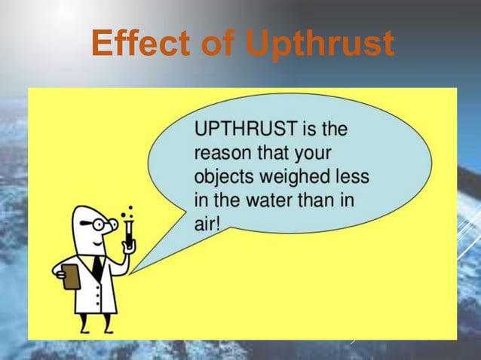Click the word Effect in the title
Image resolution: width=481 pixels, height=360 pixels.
pyautogui.click(x=139, y=44)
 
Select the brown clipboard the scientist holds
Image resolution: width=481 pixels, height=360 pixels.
pyautogui.click(x=72, y=276)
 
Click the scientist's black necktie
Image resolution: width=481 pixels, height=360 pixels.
pyautogui.click(x=97, y=268)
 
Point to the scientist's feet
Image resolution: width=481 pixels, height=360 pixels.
pyautogui.click(x=96, y=330)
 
